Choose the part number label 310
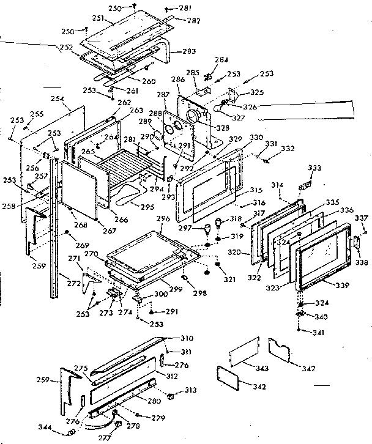coord(187,338)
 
